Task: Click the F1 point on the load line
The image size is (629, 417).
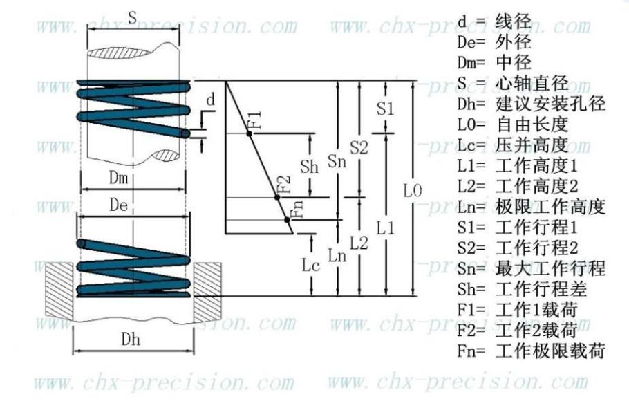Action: [249, 133]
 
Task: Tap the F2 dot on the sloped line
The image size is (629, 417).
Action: [276, 197]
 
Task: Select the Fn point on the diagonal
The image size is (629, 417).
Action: [288, 219]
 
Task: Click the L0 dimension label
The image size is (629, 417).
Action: [413, 190]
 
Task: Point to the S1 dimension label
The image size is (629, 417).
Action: [385, 109]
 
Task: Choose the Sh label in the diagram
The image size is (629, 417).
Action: [309, 166]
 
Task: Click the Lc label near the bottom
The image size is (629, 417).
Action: [310, 265]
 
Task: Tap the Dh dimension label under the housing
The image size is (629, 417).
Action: [131, 340]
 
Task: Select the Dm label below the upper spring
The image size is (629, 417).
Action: [118, 178]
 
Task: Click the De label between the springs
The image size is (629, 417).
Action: [119, 205]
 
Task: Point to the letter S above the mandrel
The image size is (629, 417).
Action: [133, 18]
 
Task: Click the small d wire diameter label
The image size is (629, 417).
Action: [211, 99]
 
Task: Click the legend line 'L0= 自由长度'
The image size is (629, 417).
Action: [513, 124]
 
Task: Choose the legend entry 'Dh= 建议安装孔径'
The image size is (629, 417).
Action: [531, 104]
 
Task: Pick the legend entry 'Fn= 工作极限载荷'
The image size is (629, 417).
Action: [531, 351]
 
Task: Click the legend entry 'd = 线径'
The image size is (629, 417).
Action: [494, 21]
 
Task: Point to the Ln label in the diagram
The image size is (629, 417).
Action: [337, 256]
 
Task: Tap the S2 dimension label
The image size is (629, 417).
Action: [359, 148]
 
